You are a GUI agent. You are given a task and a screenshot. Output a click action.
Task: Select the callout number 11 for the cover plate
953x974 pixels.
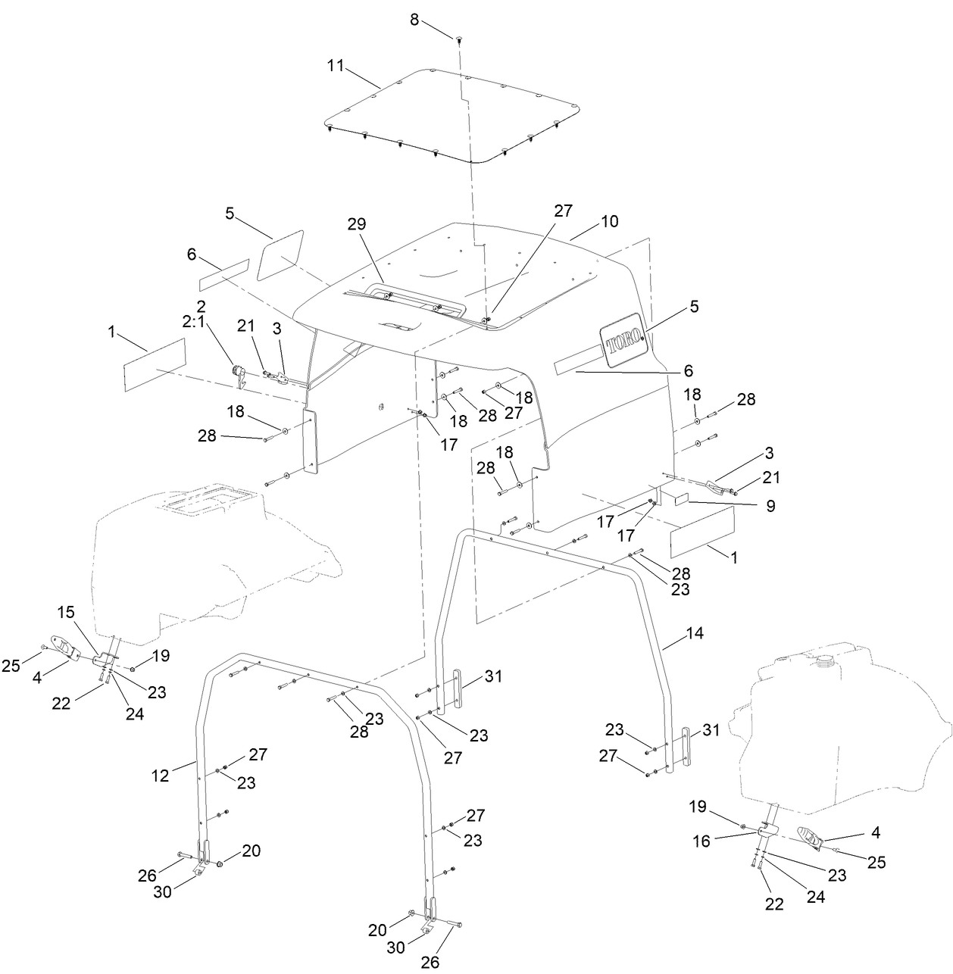tap(335, 65)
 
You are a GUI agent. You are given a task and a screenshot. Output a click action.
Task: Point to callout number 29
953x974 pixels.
tap(356, 224)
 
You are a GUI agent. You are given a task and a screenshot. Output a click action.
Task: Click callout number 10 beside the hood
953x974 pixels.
tap(610, 221)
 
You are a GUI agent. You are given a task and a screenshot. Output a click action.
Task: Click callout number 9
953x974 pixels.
tap(770, 507)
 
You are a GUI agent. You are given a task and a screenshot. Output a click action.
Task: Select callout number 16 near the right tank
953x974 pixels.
tap(701, 841)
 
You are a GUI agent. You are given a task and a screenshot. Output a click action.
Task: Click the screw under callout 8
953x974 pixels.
tap(460, 39)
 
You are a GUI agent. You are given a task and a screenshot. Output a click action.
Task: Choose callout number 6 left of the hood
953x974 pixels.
tap(192, 256)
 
